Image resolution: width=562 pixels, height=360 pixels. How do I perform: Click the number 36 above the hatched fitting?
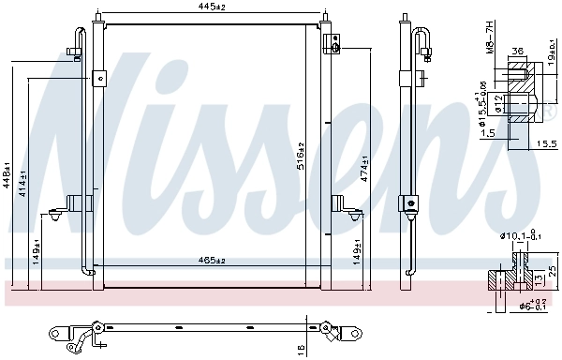pyautogui.click(x=517, y=53)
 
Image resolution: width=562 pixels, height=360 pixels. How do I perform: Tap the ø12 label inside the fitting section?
pyautogui.click(x=501, y=101)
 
